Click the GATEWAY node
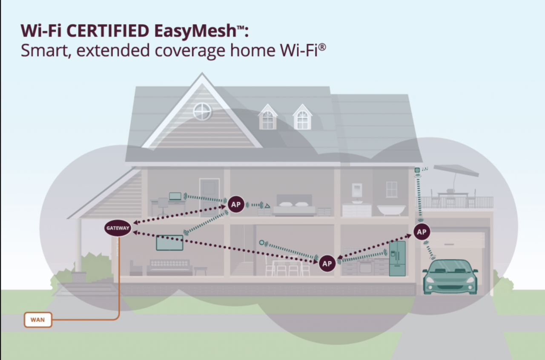tap(118, 228)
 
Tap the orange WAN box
tap(38, 320)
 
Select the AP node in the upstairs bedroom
tap(235, 204)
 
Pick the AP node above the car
tap(422, 232)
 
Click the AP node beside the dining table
tap(327, 263)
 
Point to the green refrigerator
tap(397, 258)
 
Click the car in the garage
tap(450, 277)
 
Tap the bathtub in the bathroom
tap(391, 210)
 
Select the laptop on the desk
tap(175, 196)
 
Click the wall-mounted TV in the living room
tap(169, 243)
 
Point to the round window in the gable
tap(202, 111)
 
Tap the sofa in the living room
tap(169, 268)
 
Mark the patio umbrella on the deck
tap(456, 171)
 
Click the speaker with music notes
tap(417, 170)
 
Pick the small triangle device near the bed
tap(267, 206)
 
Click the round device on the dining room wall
tap(262, 243)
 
